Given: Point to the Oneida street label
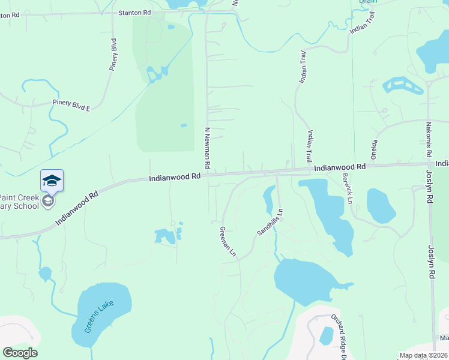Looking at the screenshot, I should click(x=374, y=149).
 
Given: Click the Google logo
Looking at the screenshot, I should click(x=20, y=353).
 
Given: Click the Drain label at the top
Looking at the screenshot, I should click(x=368, y=2).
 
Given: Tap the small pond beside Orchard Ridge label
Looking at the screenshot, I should click(x=327, y=335).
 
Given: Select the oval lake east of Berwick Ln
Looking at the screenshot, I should click(x=381, y=206).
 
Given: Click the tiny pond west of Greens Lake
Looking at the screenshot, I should click(x=45, y=274).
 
